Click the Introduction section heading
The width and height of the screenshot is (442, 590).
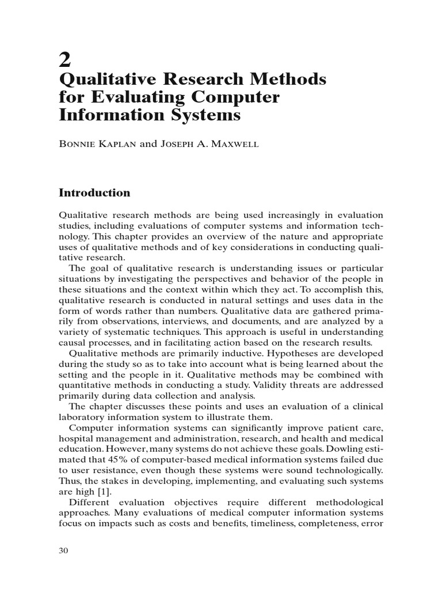95,192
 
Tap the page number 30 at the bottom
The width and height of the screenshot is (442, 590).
64,551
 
